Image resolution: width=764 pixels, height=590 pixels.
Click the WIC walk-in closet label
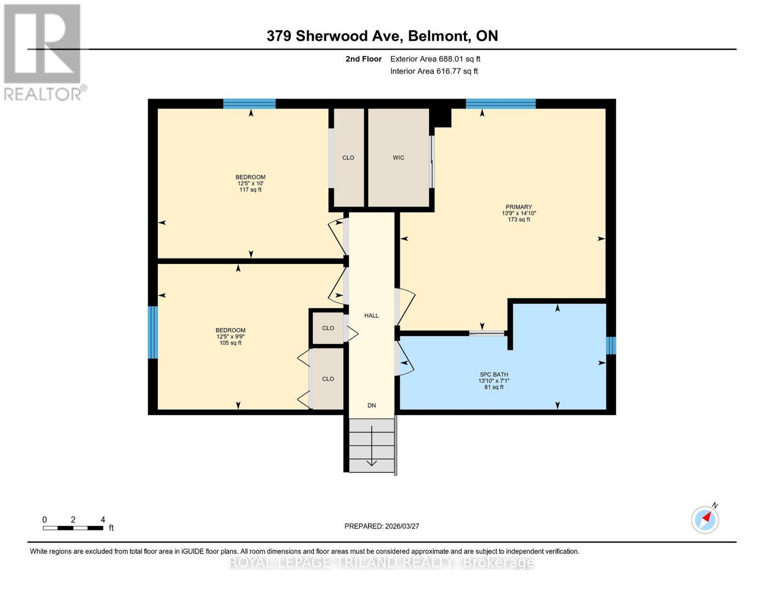[x=398, y=158]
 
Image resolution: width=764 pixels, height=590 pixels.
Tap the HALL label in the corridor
[x=371, y=316]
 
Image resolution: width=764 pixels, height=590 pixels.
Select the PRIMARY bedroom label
[x=519, y=207]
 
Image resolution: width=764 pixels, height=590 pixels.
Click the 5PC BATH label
[x=493, y=375]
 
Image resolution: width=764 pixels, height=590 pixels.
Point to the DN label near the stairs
[x=371, y=406]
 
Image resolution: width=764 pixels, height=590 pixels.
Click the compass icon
[x=705, y=520]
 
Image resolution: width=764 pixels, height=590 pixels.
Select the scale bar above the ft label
[x=73, y=528]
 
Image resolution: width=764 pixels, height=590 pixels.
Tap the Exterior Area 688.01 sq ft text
[x=435, y=59]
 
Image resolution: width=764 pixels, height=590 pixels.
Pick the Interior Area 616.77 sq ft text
[x=434, y=71]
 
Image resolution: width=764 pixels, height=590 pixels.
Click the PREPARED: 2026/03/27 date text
[x=382, y=526]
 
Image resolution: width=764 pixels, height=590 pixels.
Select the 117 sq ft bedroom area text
[x=250, y=190]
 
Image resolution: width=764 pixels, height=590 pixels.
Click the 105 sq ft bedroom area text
[x=230, y=343]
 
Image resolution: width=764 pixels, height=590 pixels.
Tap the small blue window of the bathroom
[x=611, y=345]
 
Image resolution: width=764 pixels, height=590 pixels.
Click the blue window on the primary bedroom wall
[x=500, y=103]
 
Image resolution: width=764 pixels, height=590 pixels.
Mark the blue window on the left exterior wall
[x=153, y=332]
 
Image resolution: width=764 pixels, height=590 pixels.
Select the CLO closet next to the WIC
[x=348, y=158]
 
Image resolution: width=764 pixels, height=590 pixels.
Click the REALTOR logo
[x=43, y=52]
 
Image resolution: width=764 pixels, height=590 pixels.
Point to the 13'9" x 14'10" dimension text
[x=519, y=213]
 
